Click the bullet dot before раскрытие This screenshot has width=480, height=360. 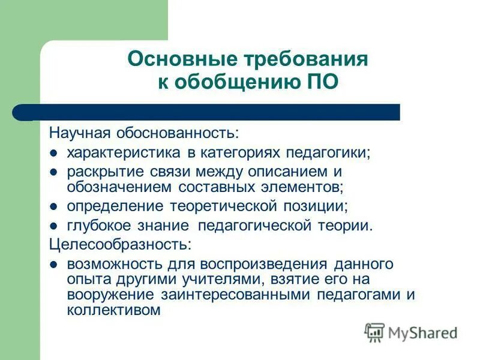pyautogui.click(x=53, y=172)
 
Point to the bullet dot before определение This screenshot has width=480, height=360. pyautogui.click(x=53, y=207)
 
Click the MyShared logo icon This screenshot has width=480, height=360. pyautogui.click(x=374, y=332)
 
